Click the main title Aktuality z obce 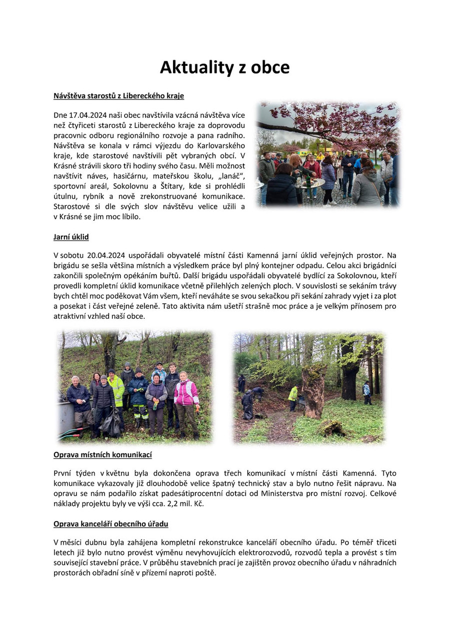224,67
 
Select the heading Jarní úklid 71,237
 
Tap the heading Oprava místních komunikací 102,455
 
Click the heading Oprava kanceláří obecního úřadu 110,524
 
